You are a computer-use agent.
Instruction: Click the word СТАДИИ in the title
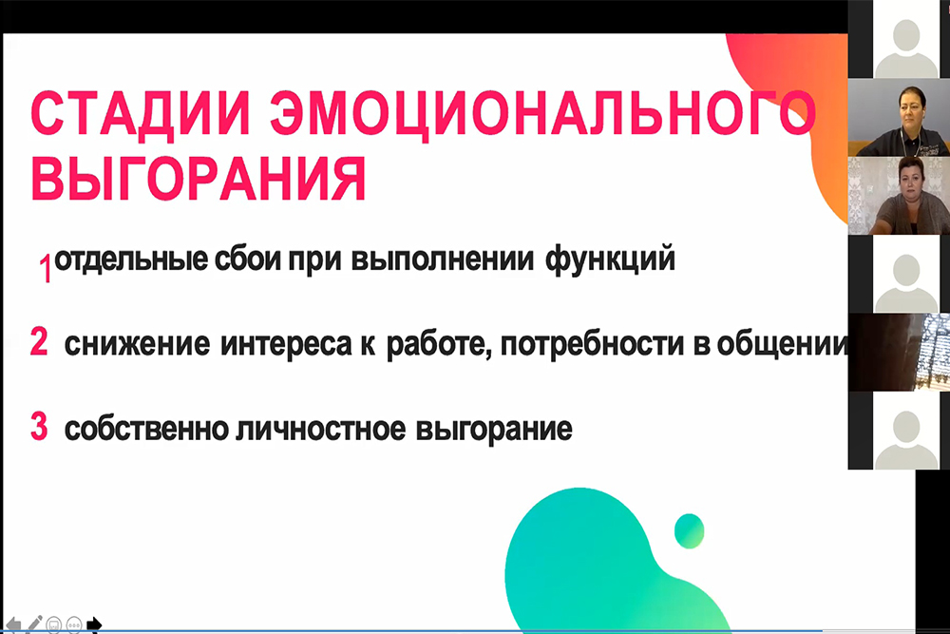pyautogui.click(x=140, y=113)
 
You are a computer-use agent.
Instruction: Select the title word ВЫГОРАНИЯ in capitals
pyautogui.click(x=199, y=178)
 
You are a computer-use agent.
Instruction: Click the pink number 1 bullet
pyautogui.click(x=46, y=268)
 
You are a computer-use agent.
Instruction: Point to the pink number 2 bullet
pyautogui.click(x=39, y=341)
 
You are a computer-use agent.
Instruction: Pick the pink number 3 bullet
pyautogui.click(x=39, y=426)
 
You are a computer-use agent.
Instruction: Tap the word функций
pyautogui.click(x=610, y=260)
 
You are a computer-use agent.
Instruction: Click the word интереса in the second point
pyautogui.click(x=286, y=345)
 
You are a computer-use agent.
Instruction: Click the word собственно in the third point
pyautogui.click(x=146, y=429)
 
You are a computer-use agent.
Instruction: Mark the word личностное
pyautogui.click(x=321, y=429)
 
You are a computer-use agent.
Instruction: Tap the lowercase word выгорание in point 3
pyautogui.click(x=494, y=430)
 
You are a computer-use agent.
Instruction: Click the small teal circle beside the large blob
pyautogui.click(x=690, y=531)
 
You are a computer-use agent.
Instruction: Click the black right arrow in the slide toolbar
pyautogui.click(x=94, y=624)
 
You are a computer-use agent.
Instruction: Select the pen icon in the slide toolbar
pyautogui.click(x=34, y=624)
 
